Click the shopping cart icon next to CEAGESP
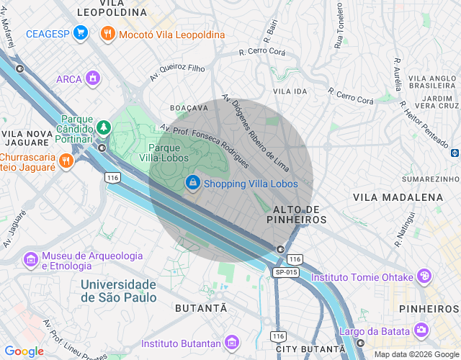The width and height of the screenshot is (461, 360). (x=81, y=33)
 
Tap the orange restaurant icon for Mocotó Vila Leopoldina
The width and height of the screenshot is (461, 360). (x=107, y=33)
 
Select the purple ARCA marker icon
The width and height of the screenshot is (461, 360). (x=92, y=78)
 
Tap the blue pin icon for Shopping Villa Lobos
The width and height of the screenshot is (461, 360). (x=192, y=184)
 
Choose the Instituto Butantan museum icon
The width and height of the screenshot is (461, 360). (x=231, y=342)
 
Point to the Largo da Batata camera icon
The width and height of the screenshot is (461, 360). (x=421, y=330)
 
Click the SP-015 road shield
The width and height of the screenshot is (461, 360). (x=286, y=271)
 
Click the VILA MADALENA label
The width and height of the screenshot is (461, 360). (x=398, y=197)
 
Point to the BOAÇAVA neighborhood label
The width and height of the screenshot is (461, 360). (x=189, y=107)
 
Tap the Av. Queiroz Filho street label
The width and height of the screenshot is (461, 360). (x=177, y=71)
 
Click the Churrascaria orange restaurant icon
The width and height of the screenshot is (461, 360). (x=66, y=161)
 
